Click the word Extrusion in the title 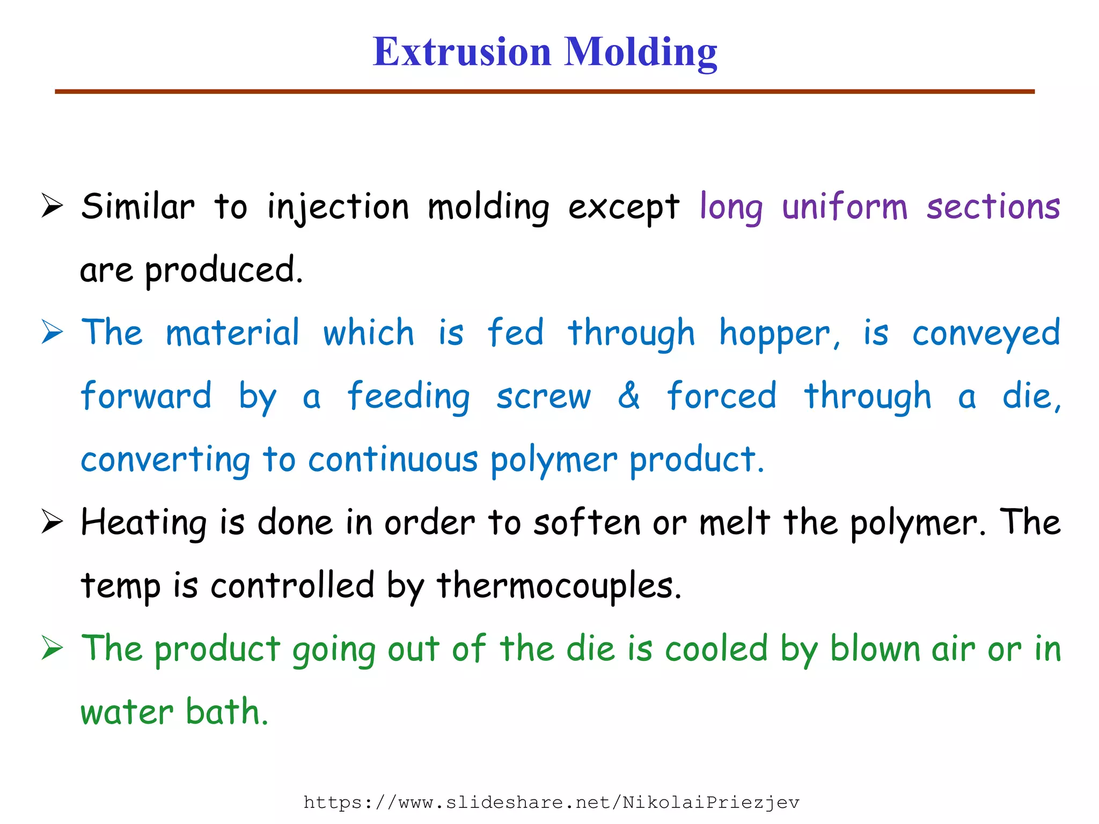(462, 52)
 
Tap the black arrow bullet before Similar (53, 207)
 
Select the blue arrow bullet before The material (53, 333)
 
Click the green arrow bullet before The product (53, 649)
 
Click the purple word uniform (845, 207)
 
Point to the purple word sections (993, 207)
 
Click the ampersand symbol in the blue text (628, 396)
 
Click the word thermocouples (559, 586)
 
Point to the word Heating (143, 523)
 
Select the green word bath (226, 712)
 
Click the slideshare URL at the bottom (551, 803)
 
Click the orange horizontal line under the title (544, 92)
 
